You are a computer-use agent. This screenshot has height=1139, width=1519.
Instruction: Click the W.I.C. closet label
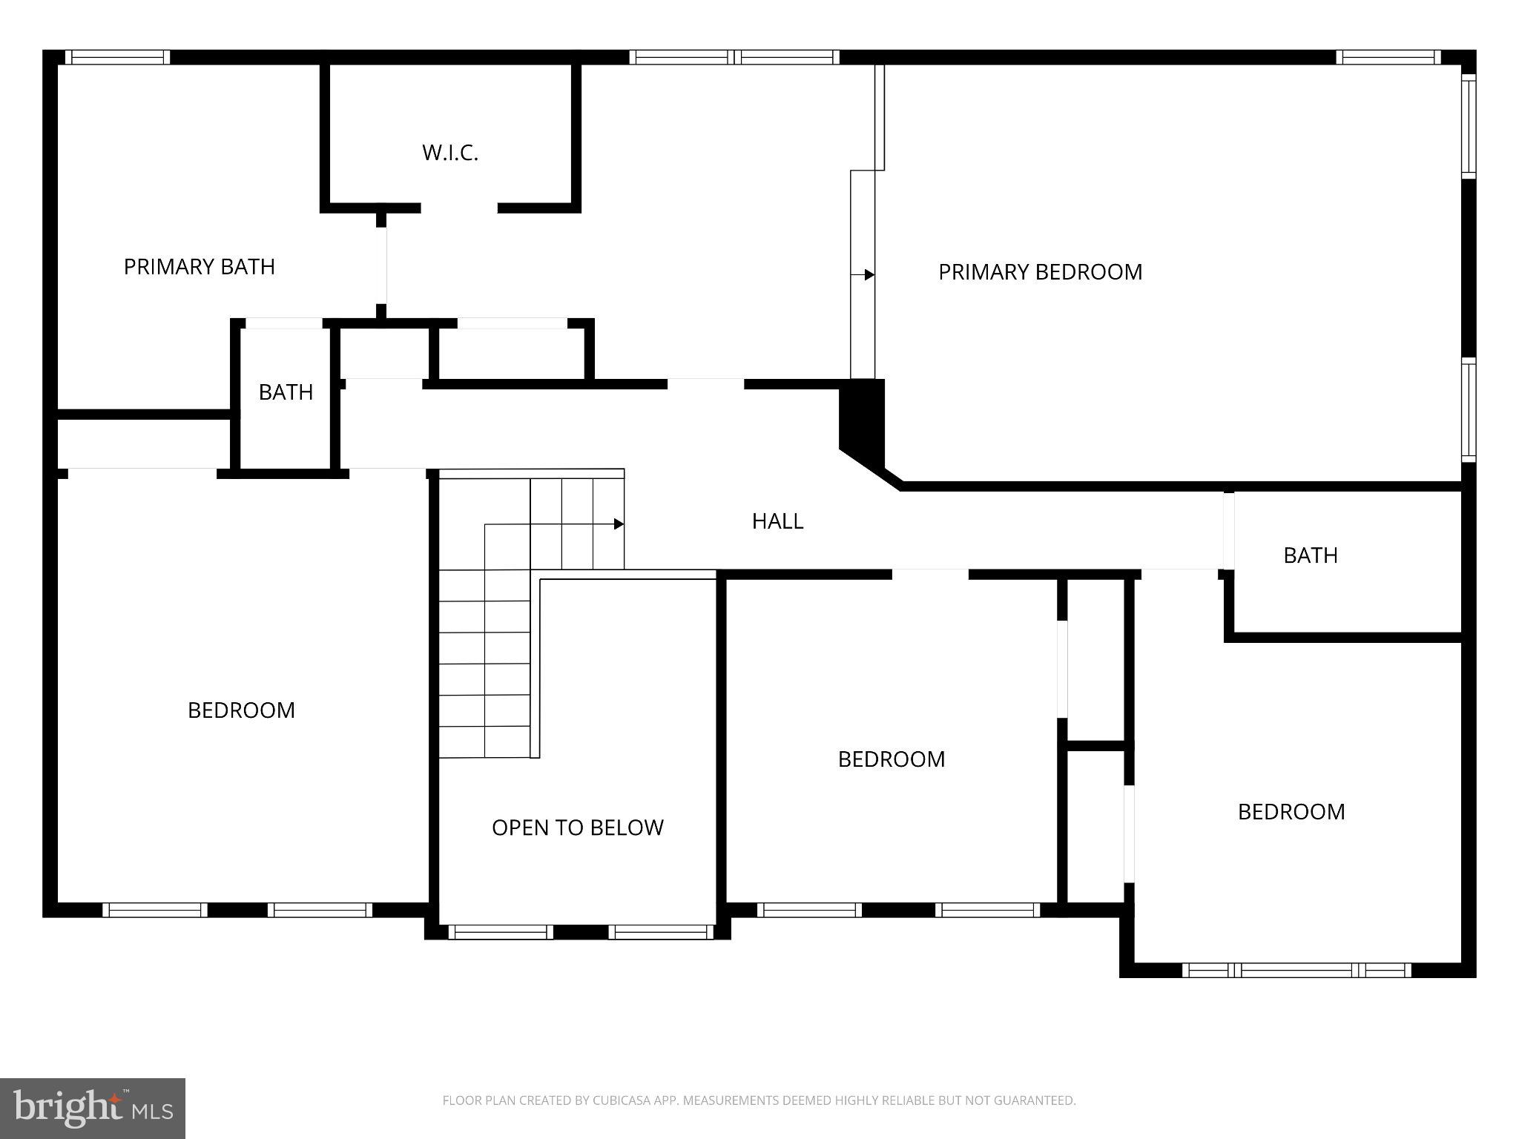[x=449, y=153]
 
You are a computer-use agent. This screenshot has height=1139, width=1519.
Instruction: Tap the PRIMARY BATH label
[x=199, y=266]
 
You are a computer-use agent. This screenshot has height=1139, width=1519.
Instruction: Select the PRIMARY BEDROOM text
[x=1040, y=272]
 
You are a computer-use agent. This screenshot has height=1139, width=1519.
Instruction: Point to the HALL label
[x=777, y=521]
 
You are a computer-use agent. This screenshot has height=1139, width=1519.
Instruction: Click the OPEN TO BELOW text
[x=577, y=828]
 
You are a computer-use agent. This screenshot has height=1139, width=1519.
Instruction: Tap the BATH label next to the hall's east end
[x=1310, y=555]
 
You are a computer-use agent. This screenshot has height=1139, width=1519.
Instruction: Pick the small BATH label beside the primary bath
[x=286, y=392]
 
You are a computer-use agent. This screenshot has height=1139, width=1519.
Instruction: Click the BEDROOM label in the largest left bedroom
[x=241, y=710]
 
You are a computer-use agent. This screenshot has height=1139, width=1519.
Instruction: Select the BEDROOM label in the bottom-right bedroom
[x=1291, y=812]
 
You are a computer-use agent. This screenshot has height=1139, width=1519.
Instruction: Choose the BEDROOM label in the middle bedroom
[x=891, y=759]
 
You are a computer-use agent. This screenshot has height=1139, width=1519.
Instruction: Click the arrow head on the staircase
[x=619, y=524]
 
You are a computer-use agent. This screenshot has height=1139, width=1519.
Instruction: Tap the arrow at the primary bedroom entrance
[x=869, y=275]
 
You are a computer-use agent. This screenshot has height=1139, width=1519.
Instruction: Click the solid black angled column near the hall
[x=863, y=423]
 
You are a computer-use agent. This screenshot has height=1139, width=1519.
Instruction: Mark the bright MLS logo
[x=93, y=1108]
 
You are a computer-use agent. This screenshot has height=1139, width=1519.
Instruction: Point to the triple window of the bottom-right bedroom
[x=1296, y=970]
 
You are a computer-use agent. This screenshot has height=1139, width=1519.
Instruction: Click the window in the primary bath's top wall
[x=117, y=57]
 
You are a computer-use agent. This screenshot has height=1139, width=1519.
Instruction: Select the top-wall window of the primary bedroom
[x=1388, y=57]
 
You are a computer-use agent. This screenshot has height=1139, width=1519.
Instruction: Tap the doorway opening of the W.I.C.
[x=459, y=208]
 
